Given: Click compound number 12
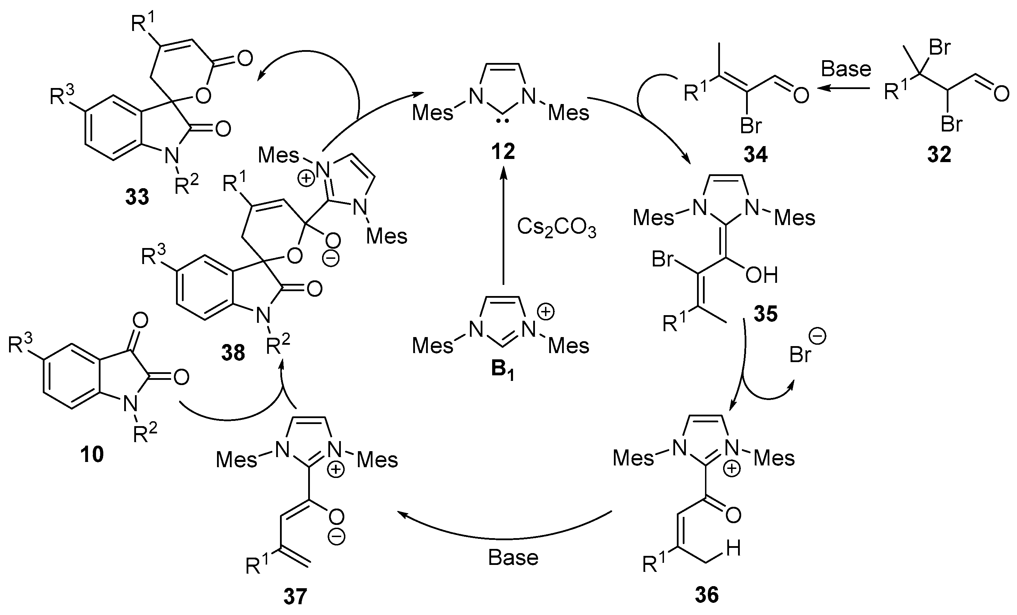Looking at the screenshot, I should click(x=503, y=152).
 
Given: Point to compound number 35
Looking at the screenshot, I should click(x=765, y=314).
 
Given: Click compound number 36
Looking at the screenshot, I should click(x=707, y=595).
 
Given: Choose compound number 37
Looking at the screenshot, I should click(x=295, y=597).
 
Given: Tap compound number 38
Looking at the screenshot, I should click(x=233, y=353).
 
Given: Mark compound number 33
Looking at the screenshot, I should click(x=137, y=197).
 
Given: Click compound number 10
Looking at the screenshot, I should click(x=91, y=454).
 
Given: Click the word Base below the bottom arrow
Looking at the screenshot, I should click(x=513, y=558).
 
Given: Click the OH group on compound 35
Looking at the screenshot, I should click(x=761, y=275).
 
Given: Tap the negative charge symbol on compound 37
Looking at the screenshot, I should click(x=336, y=537).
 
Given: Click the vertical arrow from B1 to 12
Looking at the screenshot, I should click(x=503, y=227).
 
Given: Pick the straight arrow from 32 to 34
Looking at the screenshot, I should click(x=844, y=88).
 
